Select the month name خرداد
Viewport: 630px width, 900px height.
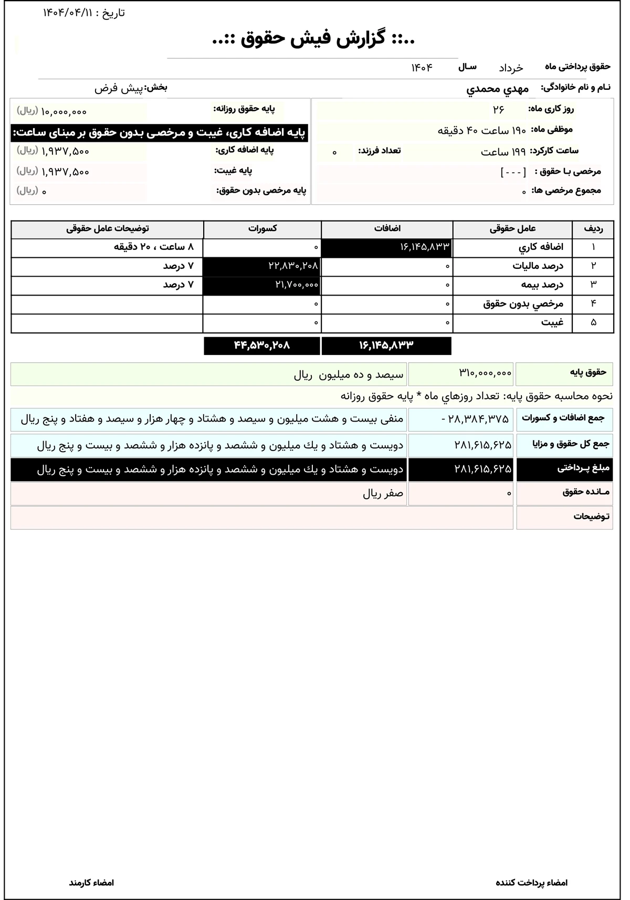(510, 68)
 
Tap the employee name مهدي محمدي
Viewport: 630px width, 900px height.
(497, 89)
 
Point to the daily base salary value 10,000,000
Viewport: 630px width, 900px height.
(64, 111)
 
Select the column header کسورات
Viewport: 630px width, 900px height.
(262, 229)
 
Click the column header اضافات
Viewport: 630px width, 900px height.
(387, 229)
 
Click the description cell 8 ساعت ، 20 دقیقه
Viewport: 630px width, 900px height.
(153, 247)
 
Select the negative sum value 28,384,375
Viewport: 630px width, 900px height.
(475, 419)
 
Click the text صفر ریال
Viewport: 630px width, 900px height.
(383, 494)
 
